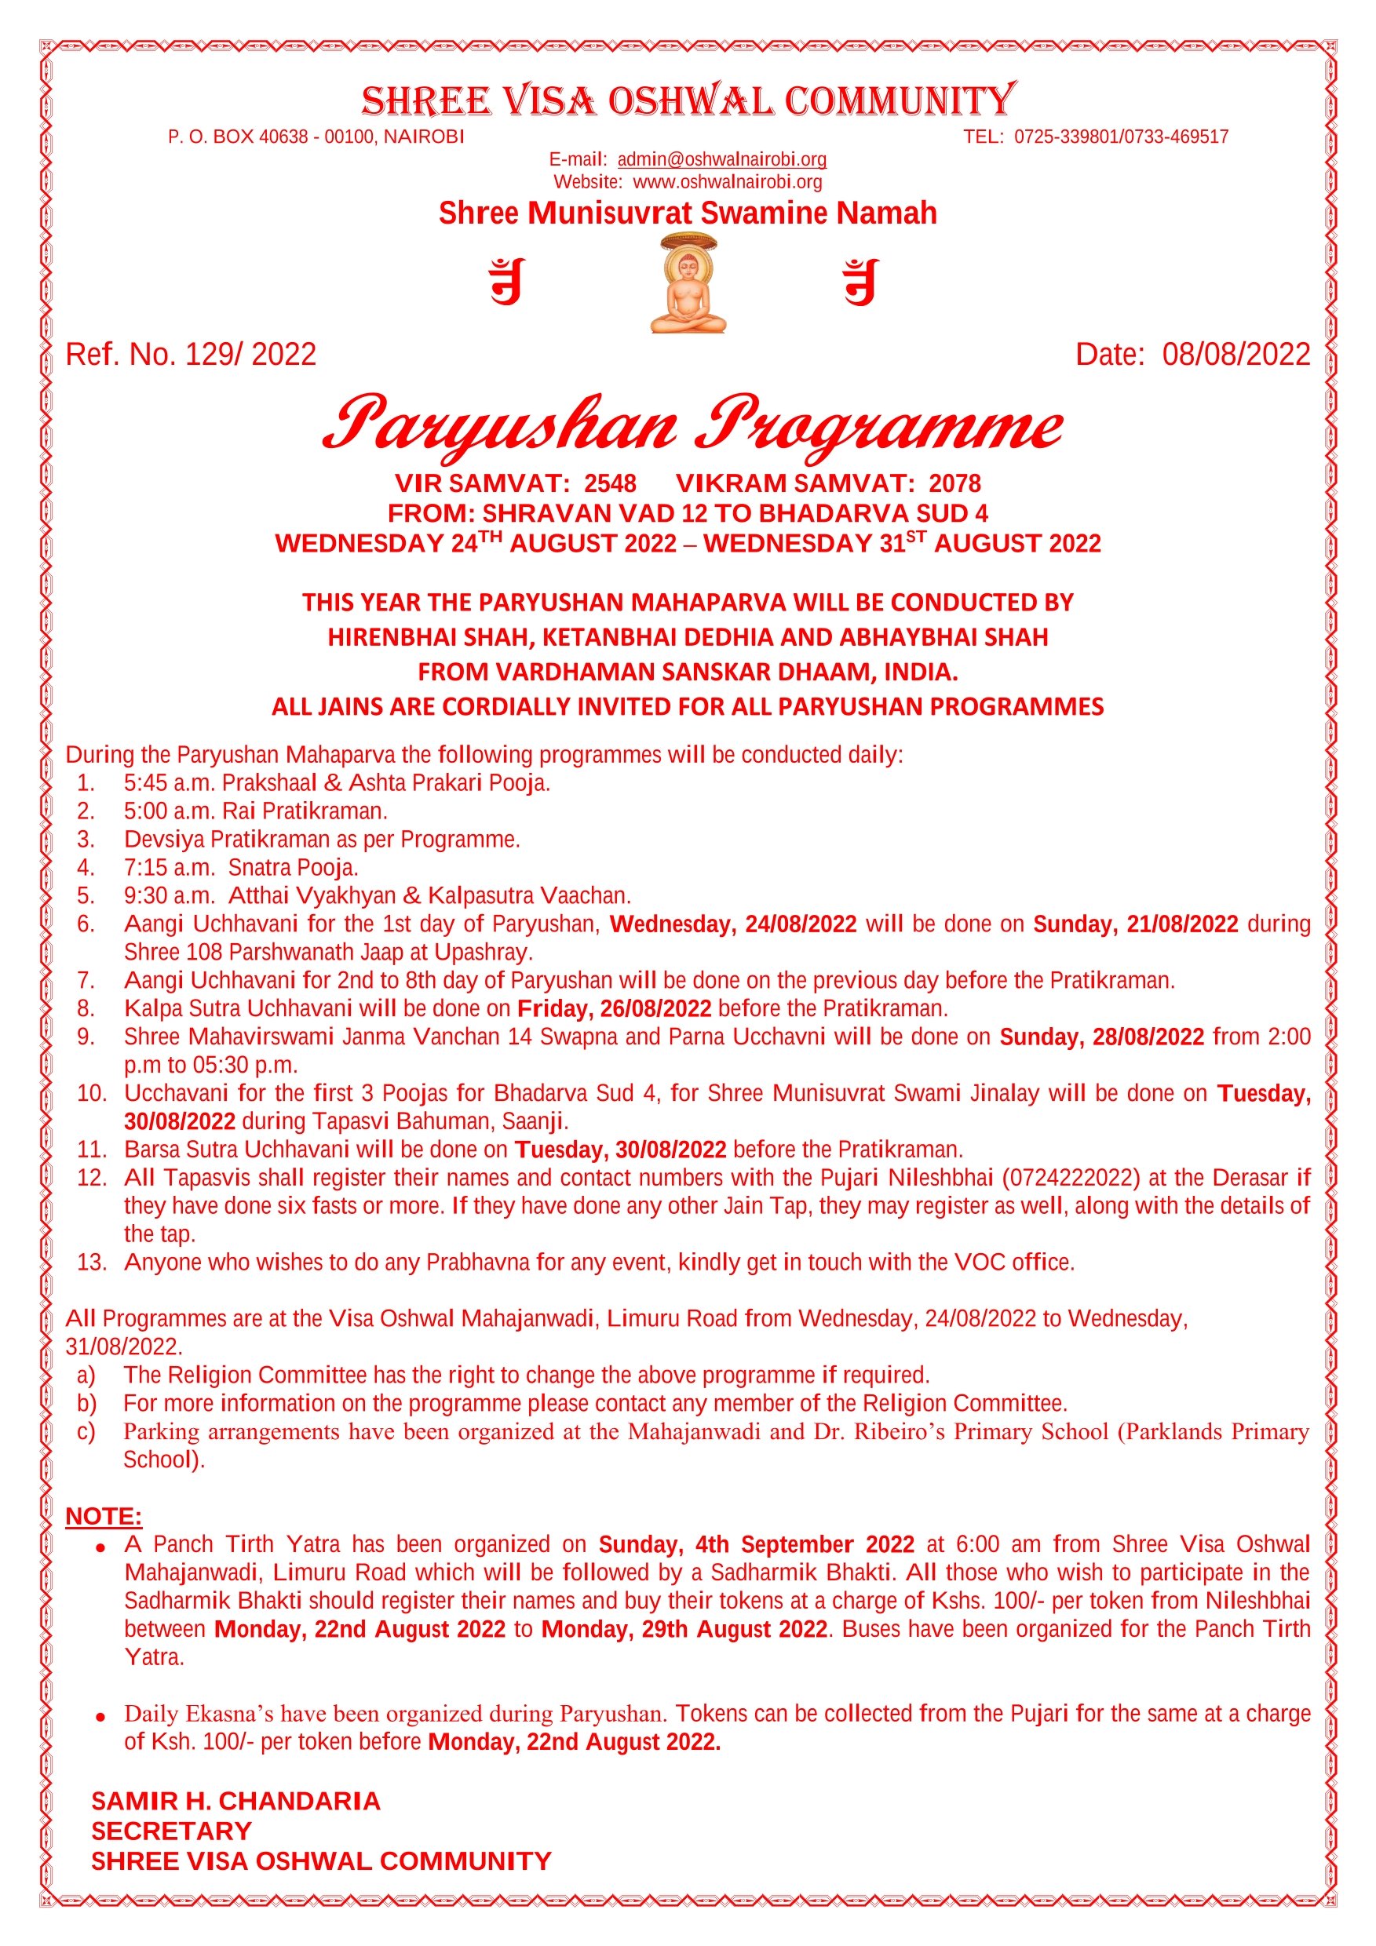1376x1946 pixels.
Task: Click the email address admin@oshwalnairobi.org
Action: [721, 159]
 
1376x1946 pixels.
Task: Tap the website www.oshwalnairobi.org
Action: [728, 181]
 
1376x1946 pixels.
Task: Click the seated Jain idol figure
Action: [688, 286]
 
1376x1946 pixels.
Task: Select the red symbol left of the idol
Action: [507, 282]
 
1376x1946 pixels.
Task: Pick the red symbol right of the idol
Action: [860, 282]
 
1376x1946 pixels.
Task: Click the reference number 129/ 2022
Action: [250, 354]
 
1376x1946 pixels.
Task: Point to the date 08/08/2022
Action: [1235, 354]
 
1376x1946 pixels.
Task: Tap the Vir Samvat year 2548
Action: [610, 483]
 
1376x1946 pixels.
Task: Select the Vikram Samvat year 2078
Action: [954, 483]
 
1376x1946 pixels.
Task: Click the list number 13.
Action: [92, 1262]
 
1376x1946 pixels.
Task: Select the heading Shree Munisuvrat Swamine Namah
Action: [688, 213]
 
